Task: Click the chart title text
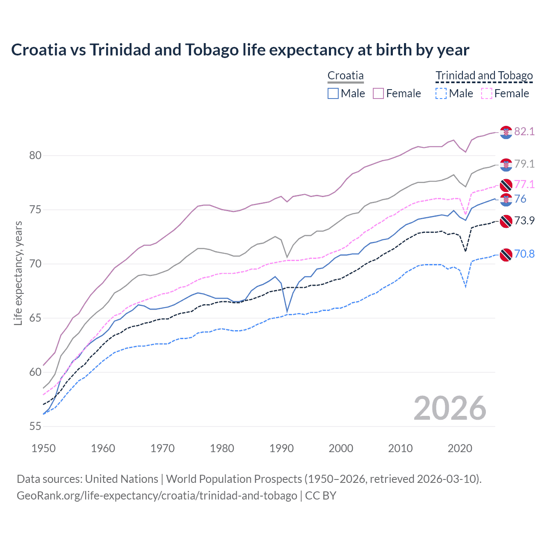(240, 50)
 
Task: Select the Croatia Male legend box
(333, 93)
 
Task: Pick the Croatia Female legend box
(378, 93)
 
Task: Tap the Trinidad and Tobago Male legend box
(441, 93)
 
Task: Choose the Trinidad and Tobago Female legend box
(487, 93)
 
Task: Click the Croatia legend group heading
(346, 76)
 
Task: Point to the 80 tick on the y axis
(35, 156)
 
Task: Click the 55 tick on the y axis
(35, 426)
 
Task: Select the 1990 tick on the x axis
(282, 448)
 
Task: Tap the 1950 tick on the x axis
(44, 448)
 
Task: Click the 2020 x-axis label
(460, 448)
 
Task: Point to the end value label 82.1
(524, 131)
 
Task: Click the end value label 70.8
(524, 254)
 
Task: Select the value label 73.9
(524, 221)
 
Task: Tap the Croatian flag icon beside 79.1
(506, 164)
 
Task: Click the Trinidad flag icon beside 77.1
(506, 185)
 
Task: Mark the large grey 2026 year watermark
(450, 408)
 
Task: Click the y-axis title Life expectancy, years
(18, 273)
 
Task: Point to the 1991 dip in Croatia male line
(287, 312)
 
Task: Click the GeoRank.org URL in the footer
(157, 496)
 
